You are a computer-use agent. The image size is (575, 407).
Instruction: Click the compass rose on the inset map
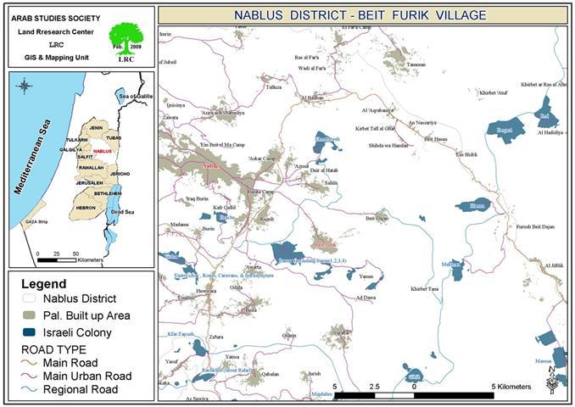[24, 86]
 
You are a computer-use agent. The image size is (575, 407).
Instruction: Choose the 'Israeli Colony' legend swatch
[29, 332]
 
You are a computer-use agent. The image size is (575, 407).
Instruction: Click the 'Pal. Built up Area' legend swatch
[29, 315]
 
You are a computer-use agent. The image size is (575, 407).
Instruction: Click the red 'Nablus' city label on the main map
[212, 165]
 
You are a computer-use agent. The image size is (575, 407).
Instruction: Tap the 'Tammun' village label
[416, 65]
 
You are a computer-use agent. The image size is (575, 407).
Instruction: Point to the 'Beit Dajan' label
[377, 218]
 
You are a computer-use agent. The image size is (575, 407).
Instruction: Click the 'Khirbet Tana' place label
[424, 289]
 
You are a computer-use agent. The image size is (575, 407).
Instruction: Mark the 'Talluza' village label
[274, 87]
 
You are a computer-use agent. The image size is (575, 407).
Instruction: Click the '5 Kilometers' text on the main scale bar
[511, 387]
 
